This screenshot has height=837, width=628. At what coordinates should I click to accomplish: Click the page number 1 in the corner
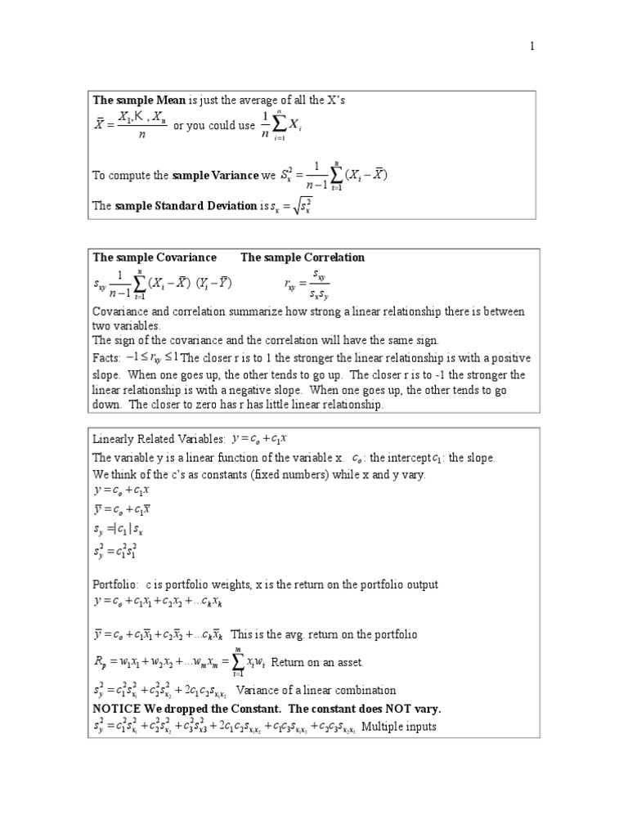coord(532,46)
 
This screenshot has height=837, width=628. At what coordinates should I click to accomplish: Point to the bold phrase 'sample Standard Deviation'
coord(186,206)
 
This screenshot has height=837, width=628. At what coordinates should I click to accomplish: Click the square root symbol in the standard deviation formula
coord(294,206)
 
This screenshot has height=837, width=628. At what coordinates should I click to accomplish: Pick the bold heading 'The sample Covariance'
coord(155,257)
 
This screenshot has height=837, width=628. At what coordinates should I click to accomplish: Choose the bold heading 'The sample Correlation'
coord(303,257)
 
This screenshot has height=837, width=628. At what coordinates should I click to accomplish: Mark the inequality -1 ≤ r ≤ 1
coord(152,358)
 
